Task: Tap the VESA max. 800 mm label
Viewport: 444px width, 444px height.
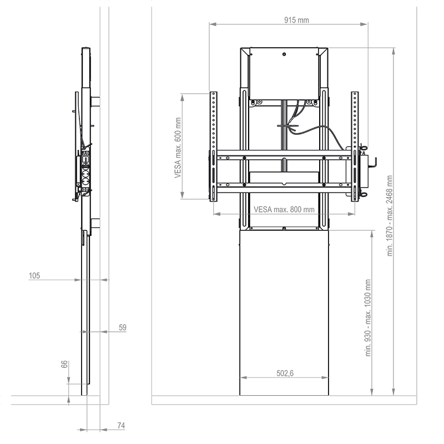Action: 284,210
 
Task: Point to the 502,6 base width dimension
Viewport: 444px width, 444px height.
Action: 284,374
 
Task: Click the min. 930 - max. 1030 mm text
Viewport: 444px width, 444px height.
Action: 368,318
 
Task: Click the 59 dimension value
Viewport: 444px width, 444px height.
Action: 123,328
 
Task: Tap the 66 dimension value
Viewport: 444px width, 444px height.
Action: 64,365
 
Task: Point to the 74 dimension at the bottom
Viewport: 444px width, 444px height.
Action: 121,426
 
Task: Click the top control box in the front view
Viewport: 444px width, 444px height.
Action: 283,75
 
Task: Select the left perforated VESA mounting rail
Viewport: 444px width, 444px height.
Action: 214,145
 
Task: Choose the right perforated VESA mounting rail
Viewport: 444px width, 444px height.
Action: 355,145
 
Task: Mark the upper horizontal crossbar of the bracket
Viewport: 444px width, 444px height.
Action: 283,158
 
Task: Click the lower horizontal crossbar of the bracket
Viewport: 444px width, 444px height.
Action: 283,188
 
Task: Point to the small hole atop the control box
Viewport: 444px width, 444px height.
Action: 284,54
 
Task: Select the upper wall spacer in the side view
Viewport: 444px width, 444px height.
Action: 95,102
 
